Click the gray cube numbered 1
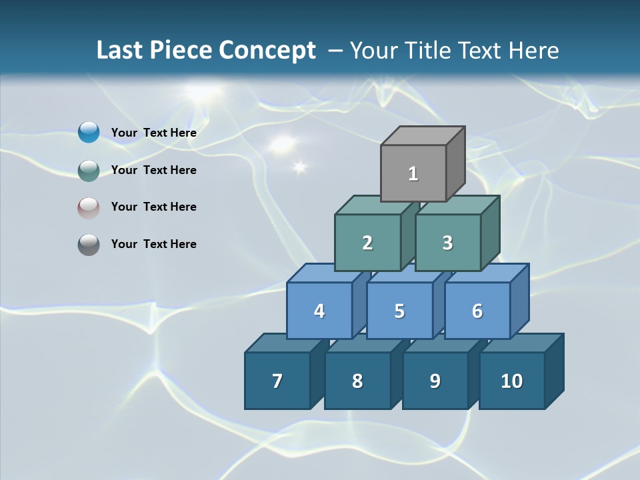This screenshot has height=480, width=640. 413,173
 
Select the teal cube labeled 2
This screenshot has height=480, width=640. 367,243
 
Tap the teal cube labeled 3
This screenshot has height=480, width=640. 447,243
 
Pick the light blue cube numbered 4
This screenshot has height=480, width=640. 319,311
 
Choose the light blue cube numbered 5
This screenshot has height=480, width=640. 399,311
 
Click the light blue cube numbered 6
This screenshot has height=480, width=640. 477,311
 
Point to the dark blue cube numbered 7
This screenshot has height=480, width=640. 277,381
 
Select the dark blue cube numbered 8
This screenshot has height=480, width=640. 357,381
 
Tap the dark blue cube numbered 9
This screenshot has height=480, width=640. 435,381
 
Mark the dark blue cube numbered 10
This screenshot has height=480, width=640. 512,381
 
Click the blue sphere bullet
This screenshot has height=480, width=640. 89,133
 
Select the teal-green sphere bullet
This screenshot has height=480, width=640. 89,170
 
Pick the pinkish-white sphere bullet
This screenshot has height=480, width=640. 89,207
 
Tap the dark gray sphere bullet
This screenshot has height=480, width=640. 89,244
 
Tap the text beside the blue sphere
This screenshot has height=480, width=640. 154,133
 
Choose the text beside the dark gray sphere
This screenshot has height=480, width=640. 154,244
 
